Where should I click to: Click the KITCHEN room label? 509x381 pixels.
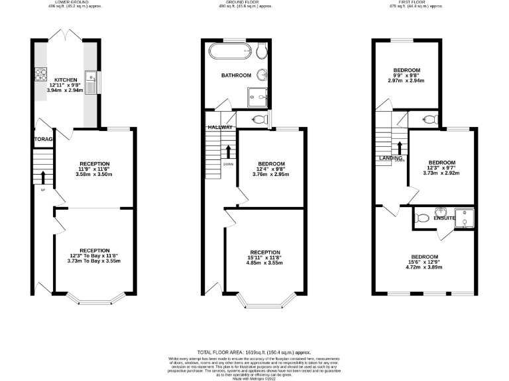(x=66, y=79)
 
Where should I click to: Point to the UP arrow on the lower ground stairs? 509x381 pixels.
(x=44, y=177)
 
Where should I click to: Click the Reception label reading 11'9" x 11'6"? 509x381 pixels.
(x=94, y=163)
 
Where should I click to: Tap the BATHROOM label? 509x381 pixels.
(x=235, y=75)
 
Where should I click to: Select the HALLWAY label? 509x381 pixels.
(x=219, y=127)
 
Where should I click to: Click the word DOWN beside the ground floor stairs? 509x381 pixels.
(x=227, y=164)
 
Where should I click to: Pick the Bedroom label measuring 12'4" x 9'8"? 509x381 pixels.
(x=269, y=164)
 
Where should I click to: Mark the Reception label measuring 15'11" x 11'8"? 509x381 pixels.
(x=265, y=252)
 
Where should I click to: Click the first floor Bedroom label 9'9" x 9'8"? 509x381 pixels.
(x=407, y=70)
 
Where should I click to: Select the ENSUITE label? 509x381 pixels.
(x=445, y=218)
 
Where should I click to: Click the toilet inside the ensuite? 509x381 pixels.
(x=422, y=216)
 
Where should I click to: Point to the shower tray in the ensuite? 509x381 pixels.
(x=467, y=218)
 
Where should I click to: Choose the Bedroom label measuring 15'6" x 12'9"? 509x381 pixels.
(x=424, y=257)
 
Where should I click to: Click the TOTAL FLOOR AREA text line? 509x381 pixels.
(x=254, y=353)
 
